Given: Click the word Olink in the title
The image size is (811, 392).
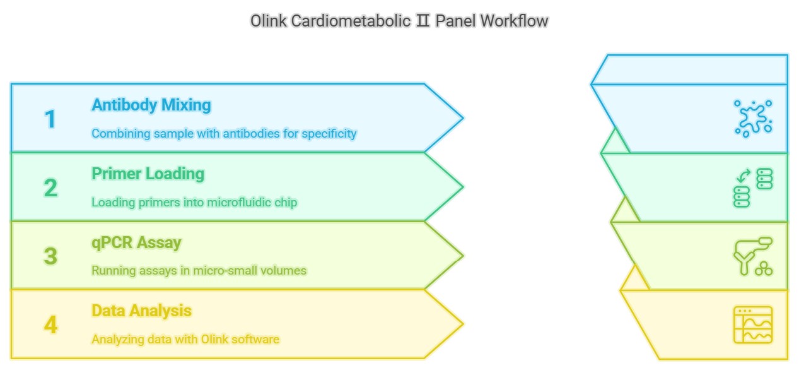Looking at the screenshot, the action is point(268,21).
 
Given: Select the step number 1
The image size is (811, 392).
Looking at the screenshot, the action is point(50,119).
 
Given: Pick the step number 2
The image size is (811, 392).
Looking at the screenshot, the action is point(50,187).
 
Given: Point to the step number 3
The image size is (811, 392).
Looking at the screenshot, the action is point(50,256).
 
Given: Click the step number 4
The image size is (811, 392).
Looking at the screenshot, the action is point(50,324).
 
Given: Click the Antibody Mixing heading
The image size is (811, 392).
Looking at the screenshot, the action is point(151,105).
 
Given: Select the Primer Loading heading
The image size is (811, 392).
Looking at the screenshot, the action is point(148,174).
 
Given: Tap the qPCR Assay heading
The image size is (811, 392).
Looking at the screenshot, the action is point(136,243).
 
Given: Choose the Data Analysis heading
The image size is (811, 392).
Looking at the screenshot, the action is point(141,311).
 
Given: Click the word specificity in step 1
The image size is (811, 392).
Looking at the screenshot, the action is point(329,134).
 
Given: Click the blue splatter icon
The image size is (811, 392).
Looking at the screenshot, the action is point(754,119).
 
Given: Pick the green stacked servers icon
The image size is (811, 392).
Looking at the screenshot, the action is point(753,187).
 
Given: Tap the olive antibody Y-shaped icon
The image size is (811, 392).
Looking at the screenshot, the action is point(753,256).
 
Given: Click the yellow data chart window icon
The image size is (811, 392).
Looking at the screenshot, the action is point(753,325).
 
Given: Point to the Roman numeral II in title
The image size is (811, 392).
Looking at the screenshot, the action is point(423,21).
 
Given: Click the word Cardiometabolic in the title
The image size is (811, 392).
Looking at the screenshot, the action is point(351,21).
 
